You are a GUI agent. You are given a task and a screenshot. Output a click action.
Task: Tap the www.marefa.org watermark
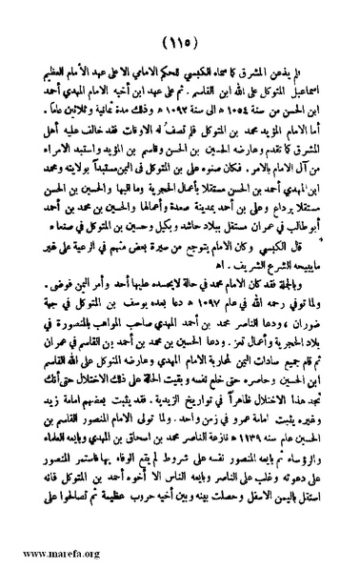pyautogui.click(x=47, y=552)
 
